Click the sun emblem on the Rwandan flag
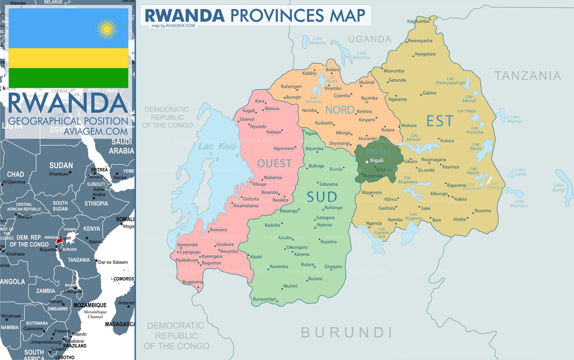107,29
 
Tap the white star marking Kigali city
367,162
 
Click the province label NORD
339,110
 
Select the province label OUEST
274,164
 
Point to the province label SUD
322,197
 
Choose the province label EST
440,121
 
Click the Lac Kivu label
217,146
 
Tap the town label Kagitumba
418,21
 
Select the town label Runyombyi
264,299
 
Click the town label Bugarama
193,282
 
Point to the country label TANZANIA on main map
527,76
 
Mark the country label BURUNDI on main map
347,333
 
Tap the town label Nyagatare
425,54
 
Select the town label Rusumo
483,211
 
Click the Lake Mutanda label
317,41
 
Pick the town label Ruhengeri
291,87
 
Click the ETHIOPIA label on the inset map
96,204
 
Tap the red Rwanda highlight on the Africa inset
59,241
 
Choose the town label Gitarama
328,184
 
